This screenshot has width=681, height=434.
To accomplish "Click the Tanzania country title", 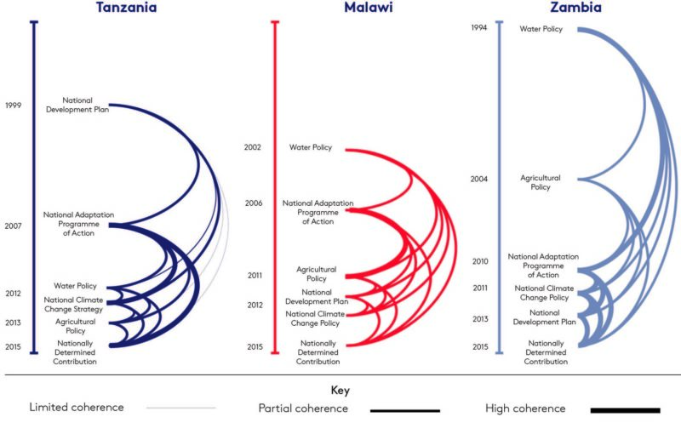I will pyautogui.click(x=126, y=8).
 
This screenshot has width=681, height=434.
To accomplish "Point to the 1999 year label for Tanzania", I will pyautogui.click(x=14, y=106).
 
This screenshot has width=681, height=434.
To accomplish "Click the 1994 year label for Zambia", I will pyautogui.click(x=479, y=28).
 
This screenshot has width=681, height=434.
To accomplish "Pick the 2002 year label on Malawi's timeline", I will pyautogui.click(x=253, y=147).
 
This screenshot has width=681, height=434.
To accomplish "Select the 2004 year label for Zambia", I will pyautogui.click(x=479, y=179).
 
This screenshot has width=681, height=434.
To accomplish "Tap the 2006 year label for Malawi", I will pyautogui.click(x=253, y=203).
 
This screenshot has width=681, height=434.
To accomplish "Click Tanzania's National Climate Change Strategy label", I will pyautogui.click(x=74, y=305).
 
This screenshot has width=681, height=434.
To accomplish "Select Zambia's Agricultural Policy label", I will pyautogui.click(x=541, y=182).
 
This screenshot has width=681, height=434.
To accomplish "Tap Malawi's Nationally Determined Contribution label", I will pyautogui.click(x=318, y=352).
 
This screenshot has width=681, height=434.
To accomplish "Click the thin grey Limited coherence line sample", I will pyautogui.click(x=180, y=408).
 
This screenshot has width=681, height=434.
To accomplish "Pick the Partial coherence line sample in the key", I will pyautogui.click(x=405, y=410).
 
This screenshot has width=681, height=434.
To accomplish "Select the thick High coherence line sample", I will pyautogui.click(x=625, y=410).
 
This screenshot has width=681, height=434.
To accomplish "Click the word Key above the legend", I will pyautogui.click(x=340, y=391).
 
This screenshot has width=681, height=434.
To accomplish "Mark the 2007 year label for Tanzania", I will pyautogui.click(x=14, y=226).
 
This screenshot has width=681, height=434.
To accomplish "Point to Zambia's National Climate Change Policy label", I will pyautogui.click(x=543, y=293).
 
